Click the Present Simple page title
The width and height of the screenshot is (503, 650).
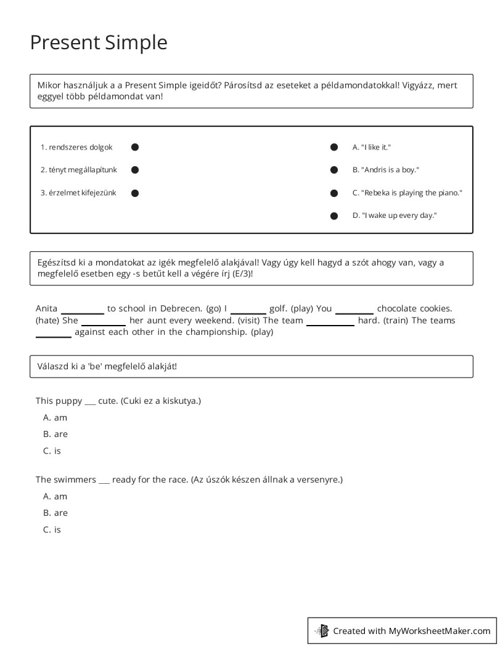[99, 42]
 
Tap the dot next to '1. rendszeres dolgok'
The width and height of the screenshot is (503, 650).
[135, 147]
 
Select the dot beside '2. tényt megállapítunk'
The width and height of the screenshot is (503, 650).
[135, 170]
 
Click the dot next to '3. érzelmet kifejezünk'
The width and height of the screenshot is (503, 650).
[135, 193]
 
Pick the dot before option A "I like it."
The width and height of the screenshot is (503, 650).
[334, 147]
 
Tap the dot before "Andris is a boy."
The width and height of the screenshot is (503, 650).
[334, 170]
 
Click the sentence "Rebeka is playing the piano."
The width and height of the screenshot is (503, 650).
[407, 193]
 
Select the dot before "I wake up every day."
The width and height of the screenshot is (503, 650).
[334, 216]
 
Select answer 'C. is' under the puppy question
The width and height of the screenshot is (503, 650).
[52, 451]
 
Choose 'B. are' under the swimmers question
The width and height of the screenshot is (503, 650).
[55, 513]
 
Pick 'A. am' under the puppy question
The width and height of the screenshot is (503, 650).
[55, 417]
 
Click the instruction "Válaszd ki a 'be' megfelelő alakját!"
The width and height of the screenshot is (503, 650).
[107, 366]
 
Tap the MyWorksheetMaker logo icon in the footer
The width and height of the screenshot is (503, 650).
[322, 630]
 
